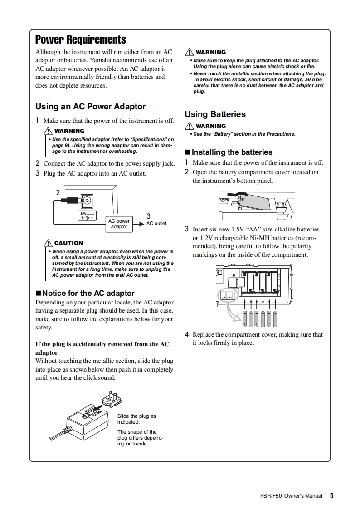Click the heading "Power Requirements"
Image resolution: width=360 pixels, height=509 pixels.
pyautogui.click(x=81, y=39)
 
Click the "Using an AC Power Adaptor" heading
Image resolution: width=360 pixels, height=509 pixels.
pyautogui.click(x=90, y=107)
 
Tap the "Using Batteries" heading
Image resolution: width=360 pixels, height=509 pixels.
pyautogui.click(x=215, y=114)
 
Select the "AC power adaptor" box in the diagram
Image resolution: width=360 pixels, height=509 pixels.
pyautogui.click(x=119, y=224)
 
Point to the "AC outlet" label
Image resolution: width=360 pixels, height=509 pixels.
pyautogui.click(x=156, y=224)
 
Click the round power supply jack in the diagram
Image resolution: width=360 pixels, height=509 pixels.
pyautogui.click(x=86, y=200)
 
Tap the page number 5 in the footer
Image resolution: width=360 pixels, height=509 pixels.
pyautogui.click(x=331, y=496)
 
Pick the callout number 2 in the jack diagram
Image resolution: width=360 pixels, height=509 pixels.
pyautogui.click(x=58, y=192)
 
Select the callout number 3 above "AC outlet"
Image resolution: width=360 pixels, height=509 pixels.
pyautogui.click(x=148, y=216)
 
